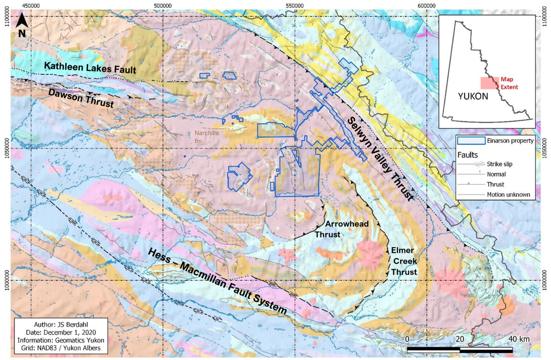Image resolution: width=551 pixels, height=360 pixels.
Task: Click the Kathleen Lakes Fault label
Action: pyautogui.click(x=90, y=67)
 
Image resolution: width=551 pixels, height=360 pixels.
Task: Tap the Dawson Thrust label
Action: pyautogui.click(x=81, y=98)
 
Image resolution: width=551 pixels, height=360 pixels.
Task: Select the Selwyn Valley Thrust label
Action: pyautogui.click(x=380, y=158)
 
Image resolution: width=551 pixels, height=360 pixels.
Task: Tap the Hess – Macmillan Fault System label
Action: pyautogui.click(x=217, y=281)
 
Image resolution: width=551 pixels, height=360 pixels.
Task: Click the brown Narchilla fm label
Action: pyautogui.click(x=206, y=137)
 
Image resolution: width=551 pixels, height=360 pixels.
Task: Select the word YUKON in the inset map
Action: pyautogui.click(x=473, y=96)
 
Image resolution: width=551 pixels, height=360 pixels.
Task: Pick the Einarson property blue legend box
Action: pyautogui.click(x=471, y=141)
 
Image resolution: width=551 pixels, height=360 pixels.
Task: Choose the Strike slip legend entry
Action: pyautogui.click(x=499, y=164)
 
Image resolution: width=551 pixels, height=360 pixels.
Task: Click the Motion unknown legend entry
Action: pyautogui.click(x=508, y=195)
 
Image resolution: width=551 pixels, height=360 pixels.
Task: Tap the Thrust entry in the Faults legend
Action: pyautogui.click(x=495, y=184)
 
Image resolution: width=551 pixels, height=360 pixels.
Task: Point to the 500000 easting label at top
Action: pyautogui.click(x=163, y=6)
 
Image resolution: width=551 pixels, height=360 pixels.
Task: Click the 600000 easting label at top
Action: pyautogui.click(x=427, y=6)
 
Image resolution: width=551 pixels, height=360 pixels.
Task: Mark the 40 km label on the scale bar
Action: pyautogui.click(x=519, y=339)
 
